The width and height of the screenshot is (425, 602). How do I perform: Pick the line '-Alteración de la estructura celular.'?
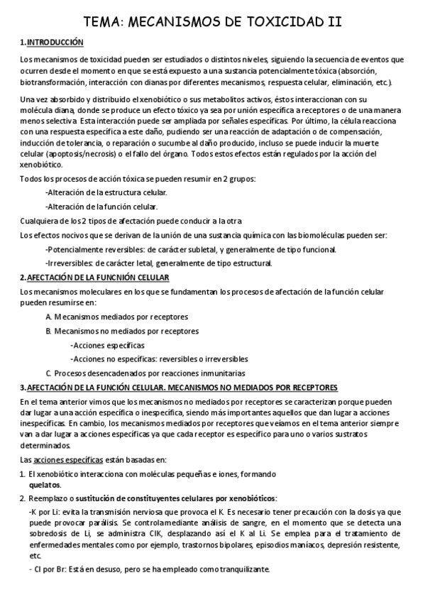point(106,192)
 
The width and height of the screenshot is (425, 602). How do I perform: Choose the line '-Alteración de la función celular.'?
point(101,207)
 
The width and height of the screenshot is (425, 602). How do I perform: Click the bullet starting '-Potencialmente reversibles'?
point(191,248)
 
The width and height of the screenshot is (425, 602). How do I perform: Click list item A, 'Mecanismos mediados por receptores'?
point(116,317)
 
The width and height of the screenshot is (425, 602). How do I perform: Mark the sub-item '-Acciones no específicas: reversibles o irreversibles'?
point(159,359)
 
